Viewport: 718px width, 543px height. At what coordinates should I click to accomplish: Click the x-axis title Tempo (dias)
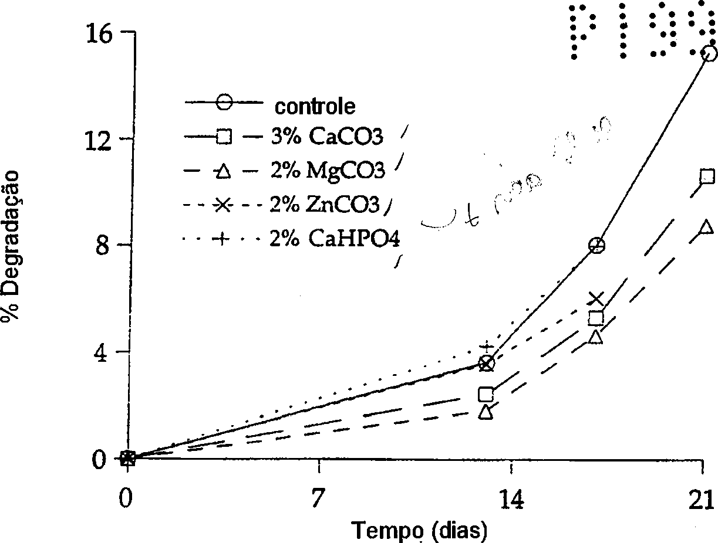click(420, 531)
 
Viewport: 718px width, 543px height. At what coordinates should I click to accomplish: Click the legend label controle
click(315, 106)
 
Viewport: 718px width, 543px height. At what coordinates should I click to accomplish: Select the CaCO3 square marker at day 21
click(707, 177)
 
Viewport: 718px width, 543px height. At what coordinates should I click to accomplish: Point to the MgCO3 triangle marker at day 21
click(707, 228)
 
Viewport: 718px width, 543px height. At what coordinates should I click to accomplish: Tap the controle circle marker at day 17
click(596, 245)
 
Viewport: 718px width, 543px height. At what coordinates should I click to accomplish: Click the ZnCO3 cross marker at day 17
click(596, 300)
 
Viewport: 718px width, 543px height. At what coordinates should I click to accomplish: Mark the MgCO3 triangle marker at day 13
click(486, 412)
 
